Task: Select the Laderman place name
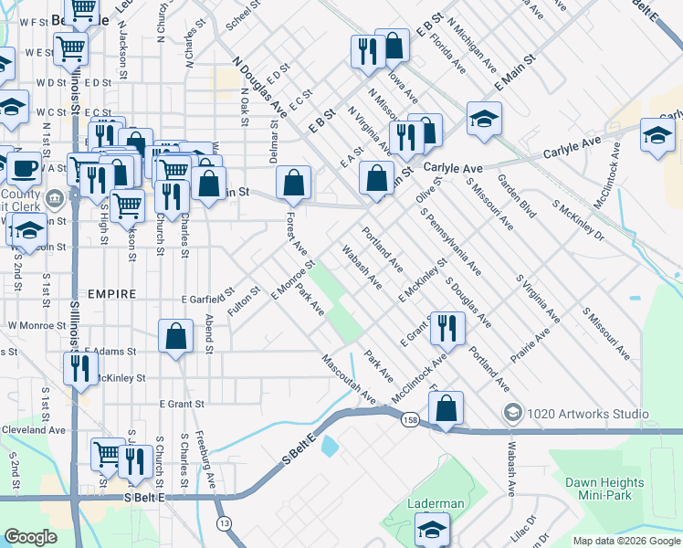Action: coord(437,503)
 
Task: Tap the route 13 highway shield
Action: coord(224,522)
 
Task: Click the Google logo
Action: coord(31,537)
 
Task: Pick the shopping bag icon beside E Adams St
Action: coord(176,335)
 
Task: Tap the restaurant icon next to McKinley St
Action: coord(80,367)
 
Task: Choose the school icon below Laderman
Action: coord(431,528)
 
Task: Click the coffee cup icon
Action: coord(23,168)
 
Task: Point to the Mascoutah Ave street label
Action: coord(348,379)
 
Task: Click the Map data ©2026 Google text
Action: coord(626,541)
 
